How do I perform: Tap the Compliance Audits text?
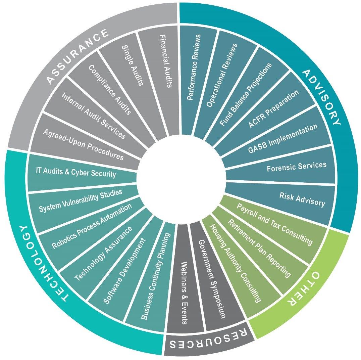(x=109, y=90)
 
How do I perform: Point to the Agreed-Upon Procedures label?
(x=83, y=144)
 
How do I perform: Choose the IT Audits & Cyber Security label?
(x=76, y=173)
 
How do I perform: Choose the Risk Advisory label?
(x=302, y=199)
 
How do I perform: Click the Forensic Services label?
(x=296, y=167)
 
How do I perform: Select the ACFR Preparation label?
(x=273, y=109)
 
